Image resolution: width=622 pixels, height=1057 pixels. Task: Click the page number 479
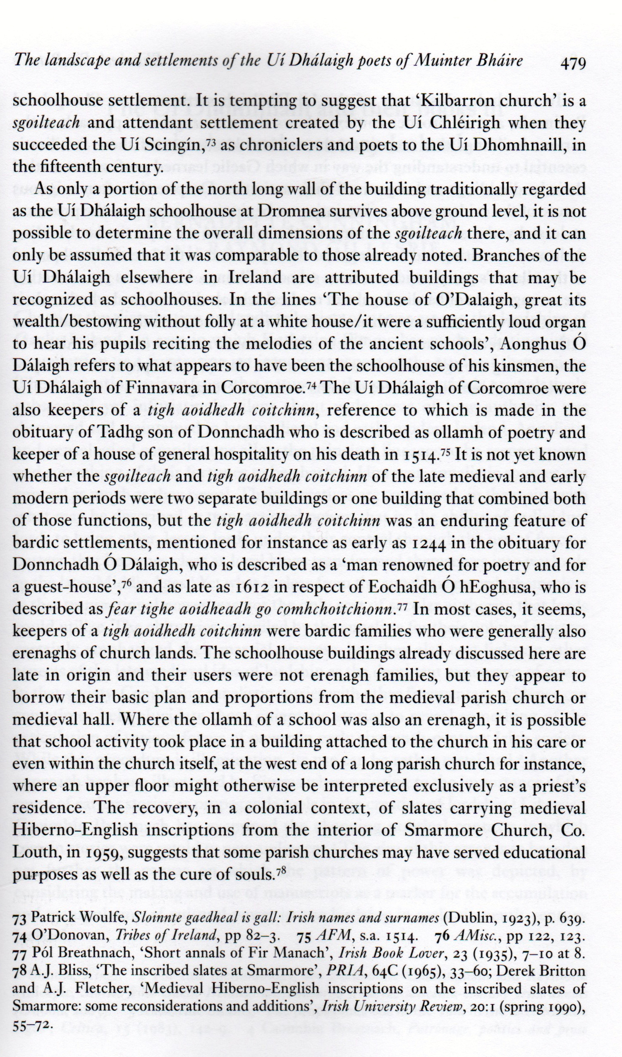(x=572, y=63)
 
